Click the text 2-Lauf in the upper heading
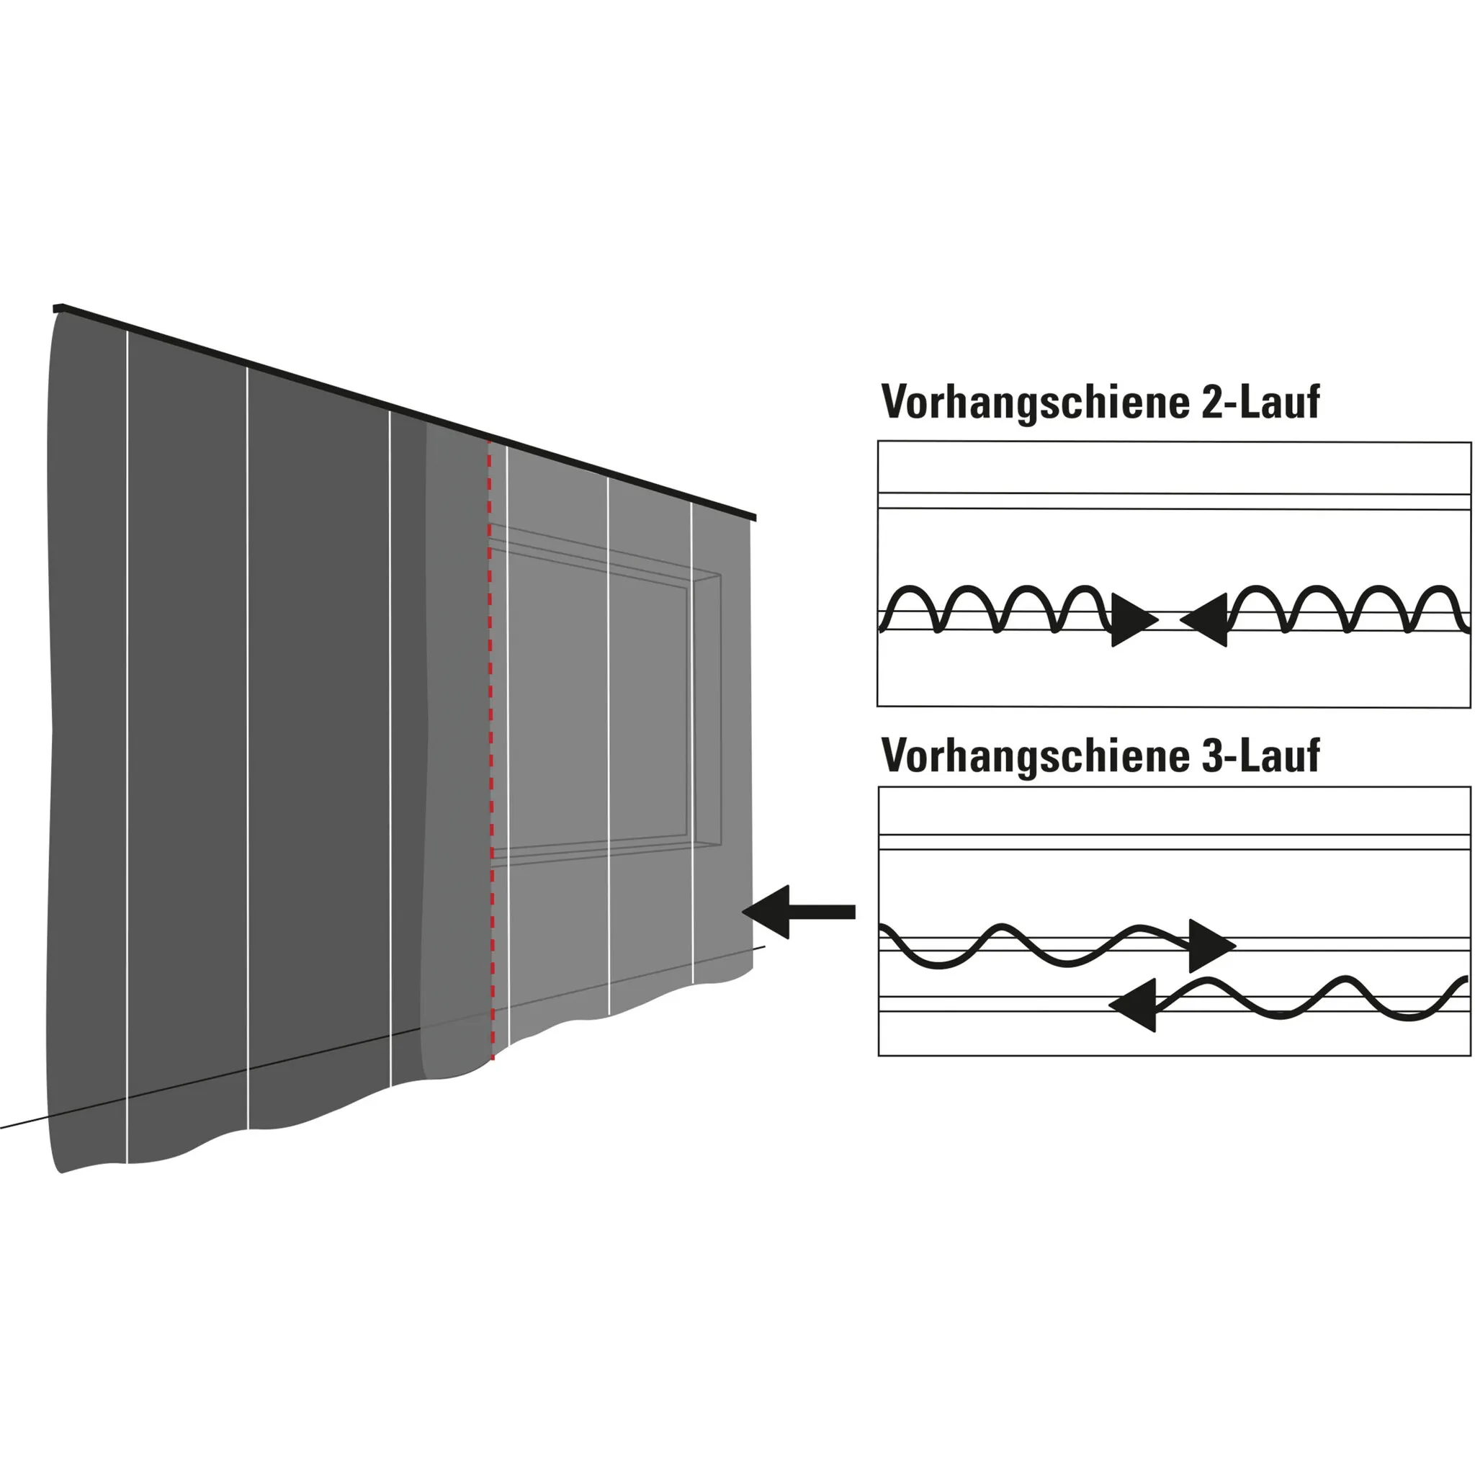[1260, 403]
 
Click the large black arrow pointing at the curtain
[798, 912]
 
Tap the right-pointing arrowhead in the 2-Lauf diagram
[1132, 619]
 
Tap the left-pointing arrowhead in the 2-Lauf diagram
[1206, 619]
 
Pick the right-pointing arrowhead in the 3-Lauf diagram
[1210, 946]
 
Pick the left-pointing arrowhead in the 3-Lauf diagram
[1134, 1005]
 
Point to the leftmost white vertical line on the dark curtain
[127, 748]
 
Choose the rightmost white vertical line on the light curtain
[692, 740]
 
